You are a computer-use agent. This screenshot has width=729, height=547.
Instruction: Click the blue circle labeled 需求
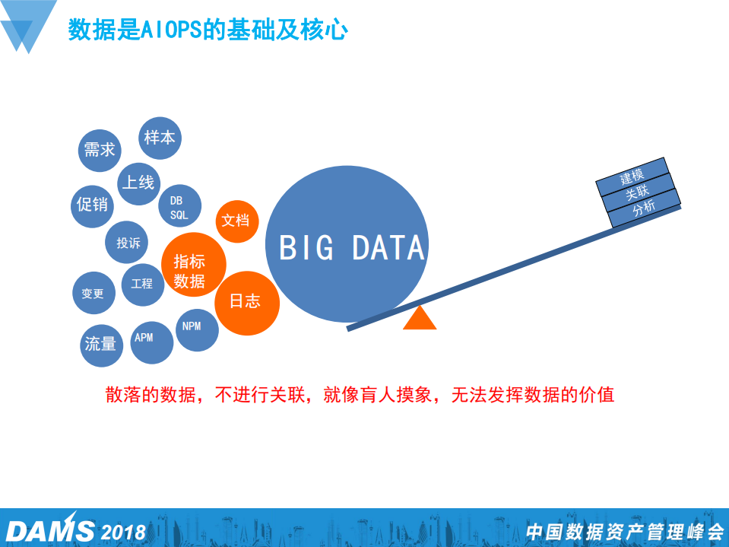coord(100,150)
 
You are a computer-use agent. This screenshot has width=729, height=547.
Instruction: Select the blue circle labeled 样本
coord(160,138)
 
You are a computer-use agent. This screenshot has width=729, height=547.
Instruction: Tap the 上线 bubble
coord(138,183)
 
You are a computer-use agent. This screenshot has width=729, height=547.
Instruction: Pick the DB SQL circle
coord(179,207)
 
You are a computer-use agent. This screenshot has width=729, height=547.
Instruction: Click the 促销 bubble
coord(93,205)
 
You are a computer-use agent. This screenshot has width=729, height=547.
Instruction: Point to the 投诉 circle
coord(128,243)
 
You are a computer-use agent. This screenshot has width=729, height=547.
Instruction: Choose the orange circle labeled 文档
coord(236,221)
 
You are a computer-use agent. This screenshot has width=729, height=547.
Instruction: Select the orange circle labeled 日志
coord(245,302)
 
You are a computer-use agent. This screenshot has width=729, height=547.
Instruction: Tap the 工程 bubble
coord(142,284)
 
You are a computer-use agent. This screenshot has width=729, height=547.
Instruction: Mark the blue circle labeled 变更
coord(93,293)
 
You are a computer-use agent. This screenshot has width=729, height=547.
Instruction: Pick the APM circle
coord(144,337)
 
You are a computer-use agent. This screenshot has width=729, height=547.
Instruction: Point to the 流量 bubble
coord(100,345)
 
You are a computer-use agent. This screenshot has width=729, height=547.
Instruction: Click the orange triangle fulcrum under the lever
coord(420,320)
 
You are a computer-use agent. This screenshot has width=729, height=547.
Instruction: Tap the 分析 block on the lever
coord(644,209)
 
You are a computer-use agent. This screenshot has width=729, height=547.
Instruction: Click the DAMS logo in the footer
coord(51,530)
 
